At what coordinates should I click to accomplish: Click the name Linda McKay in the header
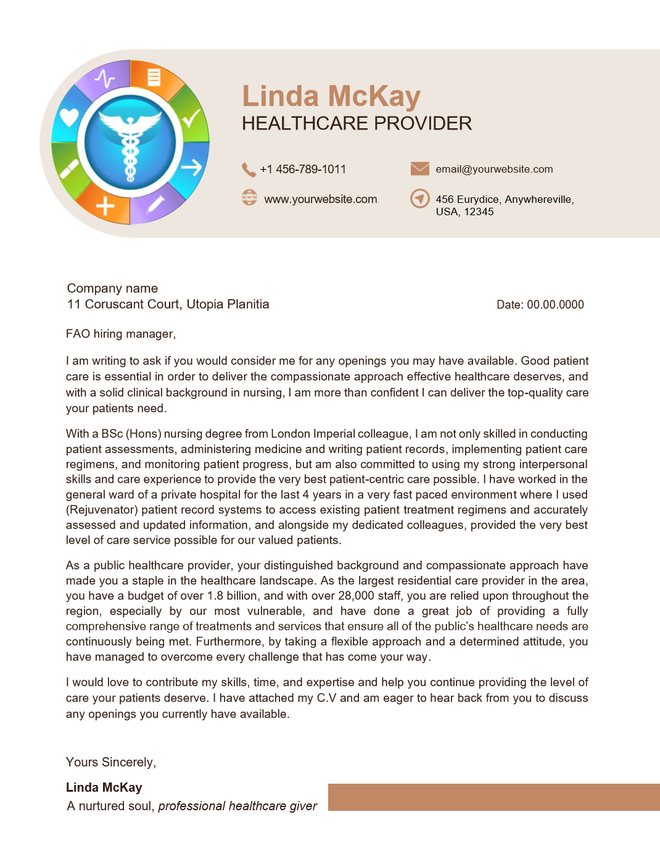pyautogui.click(x=331, y=96)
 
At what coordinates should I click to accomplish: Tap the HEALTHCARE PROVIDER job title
pyautogui.click(x=357, y=123)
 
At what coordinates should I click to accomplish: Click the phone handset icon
pyautogui.click(x=249, y=170)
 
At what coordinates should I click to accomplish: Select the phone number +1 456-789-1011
pyautogui.click(x=303, y=170)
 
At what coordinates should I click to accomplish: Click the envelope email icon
pyautogui.click(x=420, y=168)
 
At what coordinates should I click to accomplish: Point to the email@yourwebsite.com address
pyautogui.click(x=494, y=170)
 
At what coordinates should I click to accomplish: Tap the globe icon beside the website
pyautogui.click(x=249, y=198)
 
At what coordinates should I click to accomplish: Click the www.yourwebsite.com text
pyautogui.click(x=320, y=199)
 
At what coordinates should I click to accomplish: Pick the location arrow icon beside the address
pyautogui.click(x=420, y=199)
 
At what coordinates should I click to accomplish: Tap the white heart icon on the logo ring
pyautogui.click(x=69, y=117)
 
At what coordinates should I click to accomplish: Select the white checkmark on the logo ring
pyautogui.click(x=192, y=117)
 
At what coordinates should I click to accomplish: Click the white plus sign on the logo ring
pyautogui.click(x=105, y=206)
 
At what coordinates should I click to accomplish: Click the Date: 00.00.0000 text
pyautogui.click(x=540, y=305)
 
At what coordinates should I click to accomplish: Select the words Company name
pyautogui.click(x=112, y=289)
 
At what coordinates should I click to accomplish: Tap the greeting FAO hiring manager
pyautogui.click(x=121, y=334)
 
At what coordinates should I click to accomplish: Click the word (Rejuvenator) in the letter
pyautogui.click(x=102, y=510)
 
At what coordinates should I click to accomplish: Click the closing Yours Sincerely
pyautogui.click(x=111, y=763)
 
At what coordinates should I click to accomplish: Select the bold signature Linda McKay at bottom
pyautogui.click(x=104, y=787)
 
